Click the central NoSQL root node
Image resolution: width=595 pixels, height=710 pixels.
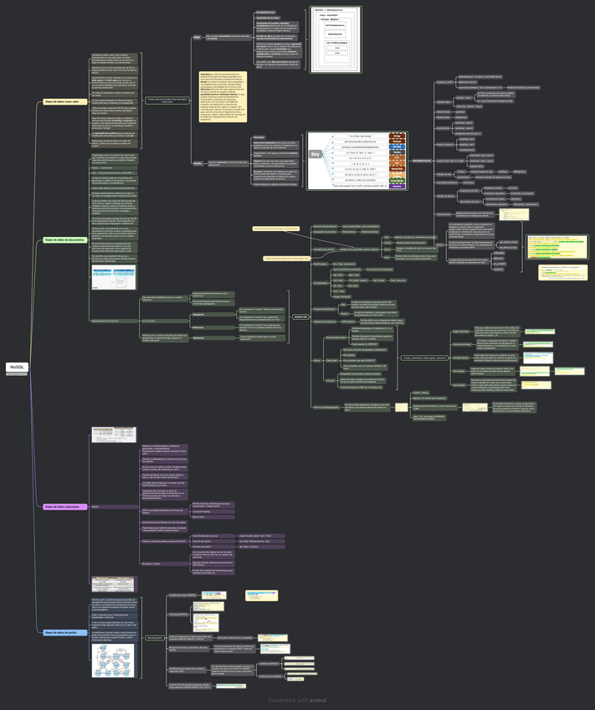pos(17,368)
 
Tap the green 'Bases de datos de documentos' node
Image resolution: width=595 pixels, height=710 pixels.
pos(64,240)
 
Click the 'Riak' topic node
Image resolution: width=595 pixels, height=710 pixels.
pos(197,38)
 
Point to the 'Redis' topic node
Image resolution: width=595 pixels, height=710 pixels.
pos(197,162)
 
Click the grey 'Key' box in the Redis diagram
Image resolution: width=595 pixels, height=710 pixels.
pos(315,154)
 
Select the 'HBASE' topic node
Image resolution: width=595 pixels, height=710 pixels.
pos(94,507)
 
